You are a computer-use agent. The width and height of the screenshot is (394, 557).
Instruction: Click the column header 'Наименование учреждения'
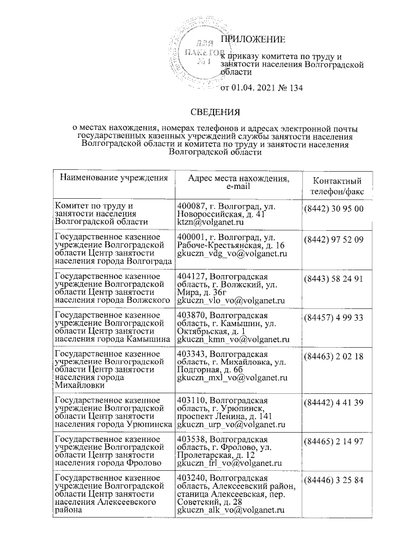tap(114, 178)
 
